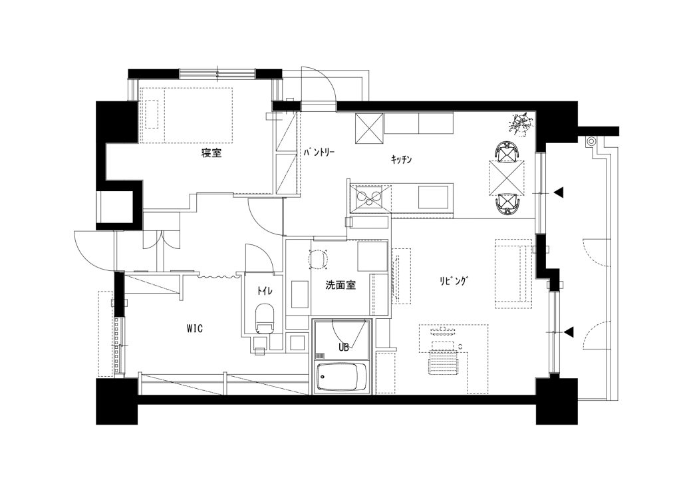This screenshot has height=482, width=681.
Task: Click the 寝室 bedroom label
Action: click(x=211, y=153)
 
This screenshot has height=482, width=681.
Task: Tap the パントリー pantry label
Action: click(x=319, y=152)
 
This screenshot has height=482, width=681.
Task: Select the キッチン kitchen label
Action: click(x=401, y=160)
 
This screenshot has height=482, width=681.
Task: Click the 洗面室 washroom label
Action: click(x=341, y=285)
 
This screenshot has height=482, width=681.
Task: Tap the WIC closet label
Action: click(x=195, y=329)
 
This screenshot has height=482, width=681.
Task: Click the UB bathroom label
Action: click(x=344, y=348)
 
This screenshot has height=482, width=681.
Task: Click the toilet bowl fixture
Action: click(x=264, y=319)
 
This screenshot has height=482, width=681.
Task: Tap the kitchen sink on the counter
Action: click(x=434, y=197)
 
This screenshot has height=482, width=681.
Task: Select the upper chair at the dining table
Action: click(x=505, y=151)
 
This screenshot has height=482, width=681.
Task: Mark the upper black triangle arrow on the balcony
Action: click(x=559, y=192)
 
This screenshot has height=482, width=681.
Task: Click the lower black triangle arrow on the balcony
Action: click(x=569, y=332)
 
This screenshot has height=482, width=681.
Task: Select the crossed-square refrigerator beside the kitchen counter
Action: click(x=369, y=128)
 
